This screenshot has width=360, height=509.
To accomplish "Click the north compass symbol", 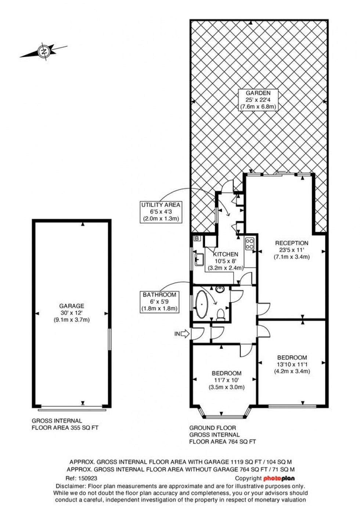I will pyautogui.click(x=44, y=51).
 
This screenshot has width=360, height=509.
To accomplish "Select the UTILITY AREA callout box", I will pyautogui.click(x=161, y=212).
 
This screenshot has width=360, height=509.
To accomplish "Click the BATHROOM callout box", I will pyautogui.click(x=159, y=302).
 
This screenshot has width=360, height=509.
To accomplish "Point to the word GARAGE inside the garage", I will pyautogui.click(x=72, y=306).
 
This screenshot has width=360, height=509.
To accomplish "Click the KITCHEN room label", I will pyautogui.click(x=226, y=254).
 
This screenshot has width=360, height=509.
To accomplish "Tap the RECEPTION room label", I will pyautogui.click(x=292, y=243).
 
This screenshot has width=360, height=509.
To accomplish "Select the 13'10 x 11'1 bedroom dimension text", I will pyautogui.click(x=292, y=364).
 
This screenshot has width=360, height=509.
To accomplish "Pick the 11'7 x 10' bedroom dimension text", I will pyautogui.click(x=223, y=380).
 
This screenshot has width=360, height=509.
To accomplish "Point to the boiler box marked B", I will pyautogui.click(x=197, y=239).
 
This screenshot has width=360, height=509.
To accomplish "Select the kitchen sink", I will pyautogui.click(x=199, y=259).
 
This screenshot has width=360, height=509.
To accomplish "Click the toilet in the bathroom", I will pyautogui.click(x=221, y=315).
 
